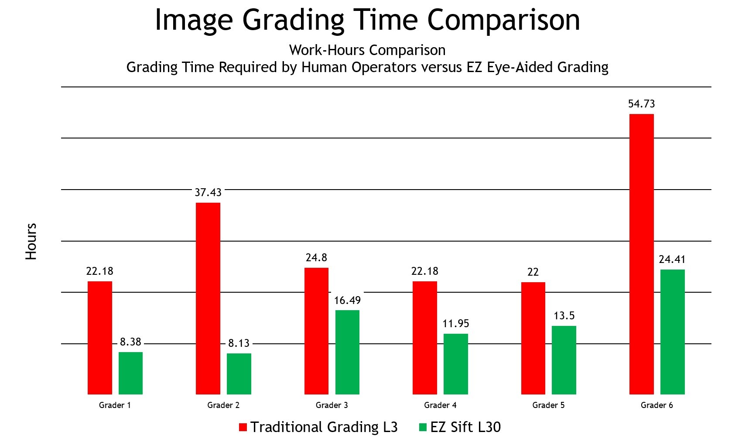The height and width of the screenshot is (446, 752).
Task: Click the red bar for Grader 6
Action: pos(641,254)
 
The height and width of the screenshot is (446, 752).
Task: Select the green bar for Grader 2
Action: pos(239,373)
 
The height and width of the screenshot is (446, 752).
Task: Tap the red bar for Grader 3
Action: pos(316,331)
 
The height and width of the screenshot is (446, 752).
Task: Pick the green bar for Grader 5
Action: pos(564,360)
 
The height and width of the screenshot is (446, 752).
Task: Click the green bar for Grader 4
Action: pos(455,364)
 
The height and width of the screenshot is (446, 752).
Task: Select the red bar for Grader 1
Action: pos(99,338)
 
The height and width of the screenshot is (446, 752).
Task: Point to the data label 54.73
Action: pos(641,104)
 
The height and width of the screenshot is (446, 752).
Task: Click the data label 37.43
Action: pos(208,193)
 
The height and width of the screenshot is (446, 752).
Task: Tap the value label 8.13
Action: pos(239,343)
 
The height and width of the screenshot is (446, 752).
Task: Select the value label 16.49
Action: pos(347,301)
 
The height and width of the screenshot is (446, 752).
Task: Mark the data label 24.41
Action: pos(672,259)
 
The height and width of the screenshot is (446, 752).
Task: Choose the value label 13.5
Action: pos(564,316)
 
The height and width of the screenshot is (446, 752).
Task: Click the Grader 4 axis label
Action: pos(440,405)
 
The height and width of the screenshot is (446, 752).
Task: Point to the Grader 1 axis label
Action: pos(115,405)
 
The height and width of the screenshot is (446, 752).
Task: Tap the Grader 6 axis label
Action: pos(656,405)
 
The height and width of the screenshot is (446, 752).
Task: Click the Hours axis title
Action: pos(31,241)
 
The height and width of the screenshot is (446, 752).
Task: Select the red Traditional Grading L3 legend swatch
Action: pos(243,427)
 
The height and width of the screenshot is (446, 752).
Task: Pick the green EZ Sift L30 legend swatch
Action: pos(422,427)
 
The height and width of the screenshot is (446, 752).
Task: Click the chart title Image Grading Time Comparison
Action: pos(367,20)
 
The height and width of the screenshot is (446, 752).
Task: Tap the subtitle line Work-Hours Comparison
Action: pos(367,50)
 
